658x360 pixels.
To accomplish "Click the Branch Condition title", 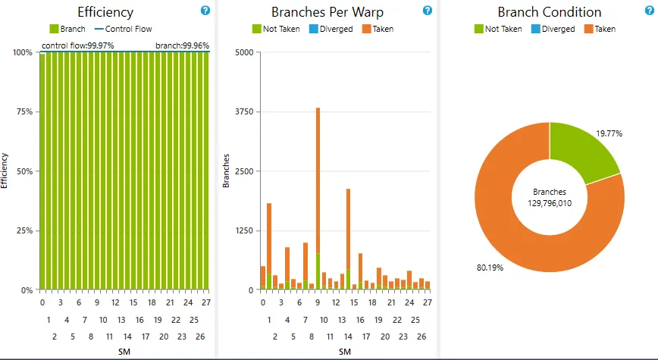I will [550, 12].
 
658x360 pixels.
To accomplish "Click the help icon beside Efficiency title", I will [205, 11].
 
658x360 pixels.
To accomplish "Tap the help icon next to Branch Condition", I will [648, 11].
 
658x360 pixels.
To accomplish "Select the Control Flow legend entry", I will [123, 29].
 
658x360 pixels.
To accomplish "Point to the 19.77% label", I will [609, 133].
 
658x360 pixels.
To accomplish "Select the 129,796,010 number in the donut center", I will [550, 204].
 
